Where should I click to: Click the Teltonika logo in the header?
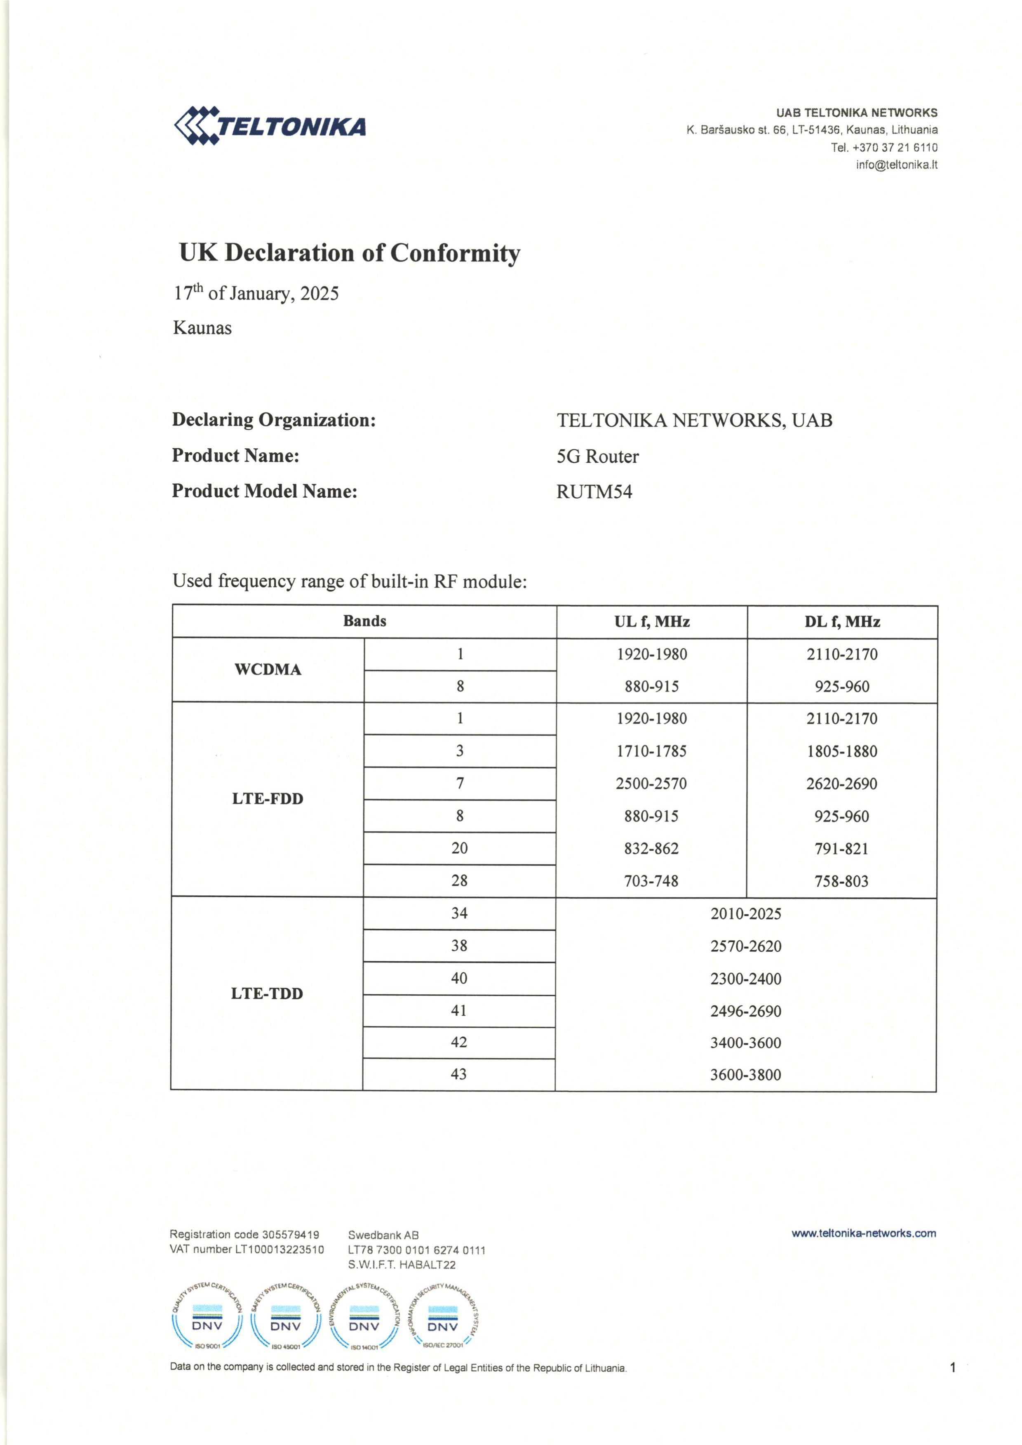click(269, 125)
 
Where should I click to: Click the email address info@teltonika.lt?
click(896, 165)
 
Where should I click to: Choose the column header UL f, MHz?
click(651, 622)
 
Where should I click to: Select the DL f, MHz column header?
click(842, 622)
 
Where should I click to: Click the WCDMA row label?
click(268, 670)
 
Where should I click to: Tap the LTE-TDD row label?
click(267, 994)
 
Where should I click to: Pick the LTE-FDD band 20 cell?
click(459, 848)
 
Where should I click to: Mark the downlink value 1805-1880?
click(841, 751)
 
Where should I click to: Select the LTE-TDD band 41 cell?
click(459, 1011)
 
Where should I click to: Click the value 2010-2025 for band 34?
click(746, 914)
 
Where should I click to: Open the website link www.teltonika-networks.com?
click(863, 1233)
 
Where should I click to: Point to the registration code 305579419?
click(290, 1235)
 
